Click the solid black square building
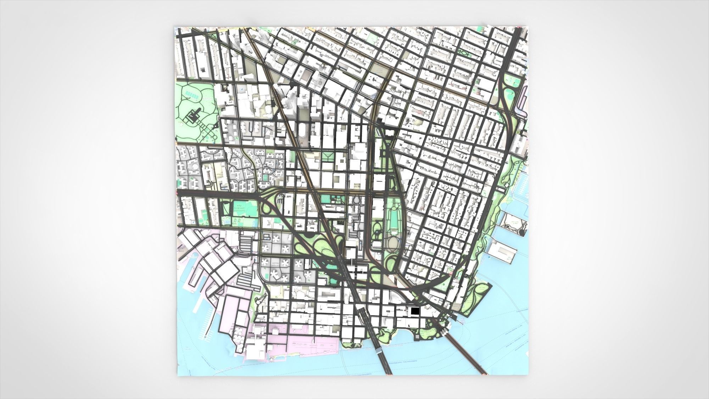click(415, 311)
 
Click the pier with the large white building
click(502, 254)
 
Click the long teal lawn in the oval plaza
click(393, 220)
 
